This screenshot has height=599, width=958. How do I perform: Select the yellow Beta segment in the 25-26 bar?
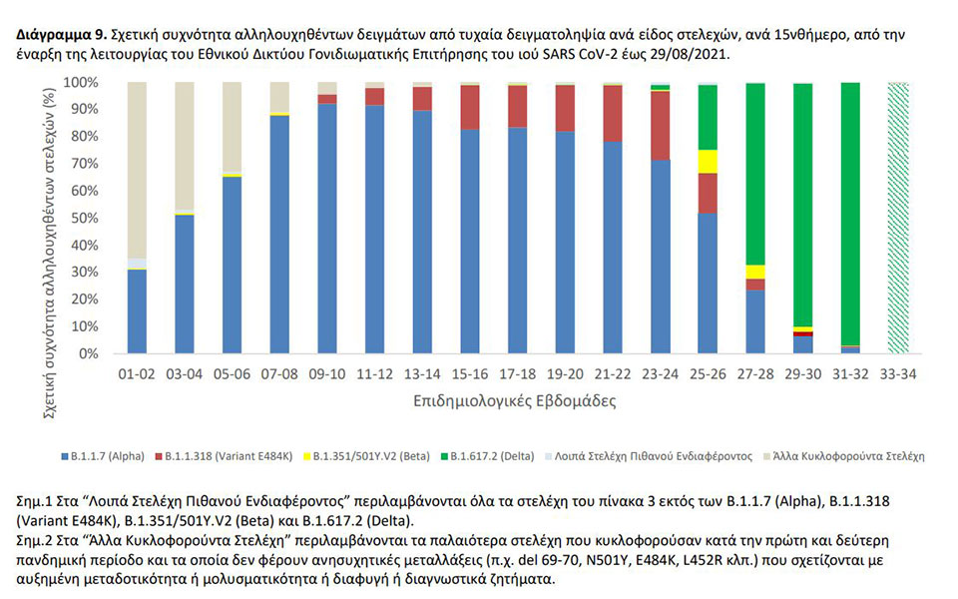[x=708, y=162]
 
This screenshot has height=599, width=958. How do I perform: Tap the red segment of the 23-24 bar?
[x=660, y=126]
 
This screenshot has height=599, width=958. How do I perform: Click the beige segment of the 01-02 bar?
[x=138, y=170]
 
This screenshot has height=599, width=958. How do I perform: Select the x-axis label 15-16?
[x=470, y=374]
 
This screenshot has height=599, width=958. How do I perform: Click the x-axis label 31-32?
[x=850, y=374]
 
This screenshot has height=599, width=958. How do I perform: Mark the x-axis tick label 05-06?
[x=233, y=374]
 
